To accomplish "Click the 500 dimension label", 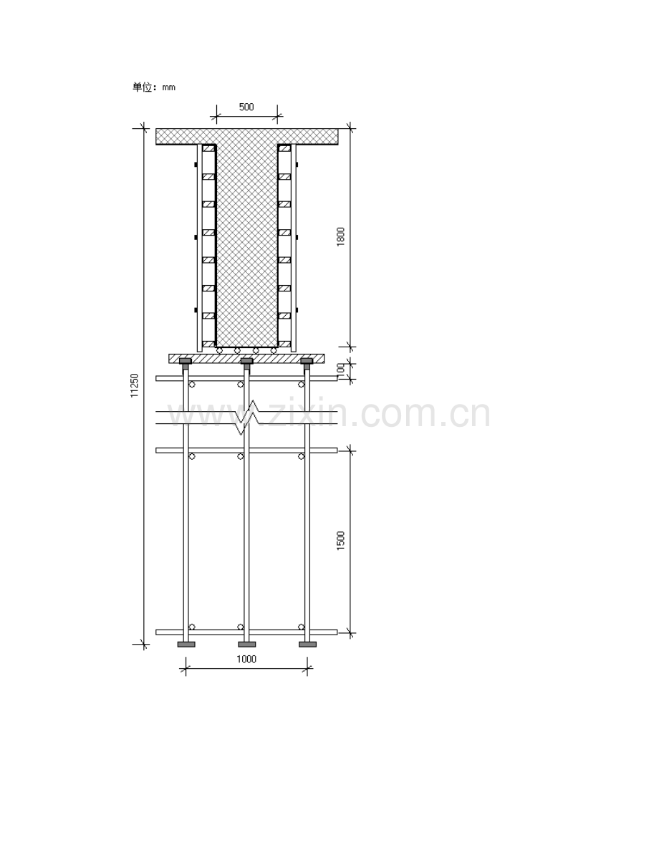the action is click(x=246, y=107).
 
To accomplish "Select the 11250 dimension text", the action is click(x=135, y=385).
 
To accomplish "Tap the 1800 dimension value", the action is click(x=341, y=236).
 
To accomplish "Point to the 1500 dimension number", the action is click(x=341, y=541).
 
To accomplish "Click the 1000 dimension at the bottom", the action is click(x=246, y=660).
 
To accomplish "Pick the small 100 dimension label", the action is click(x=341, y=368).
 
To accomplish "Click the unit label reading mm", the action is click(x=169, y=87).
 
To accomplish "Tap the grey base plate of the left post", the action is click(x=186, y=645).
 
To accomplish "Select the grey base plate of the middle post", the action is click(x=246, y=645).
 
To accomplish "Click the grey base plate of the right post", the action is click(x=307, y=645).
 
